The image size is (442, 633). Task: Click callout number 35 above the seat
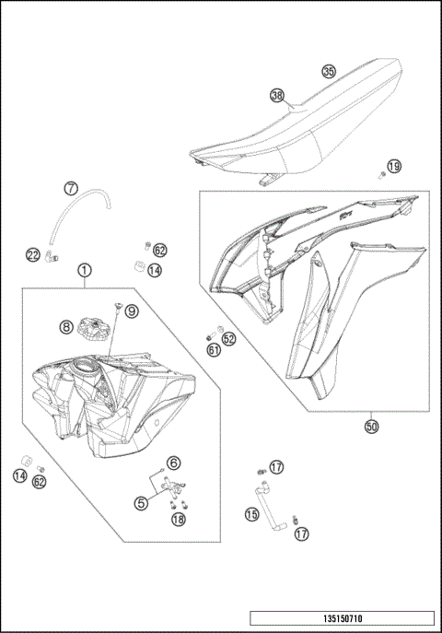(x=329, y=71)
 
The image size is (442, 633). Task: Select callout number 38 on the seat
(x=276, y=95)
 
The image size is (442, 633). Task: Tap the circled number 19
(x=393, y=167)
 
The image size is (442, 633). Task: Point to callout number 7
(x=71, y=189)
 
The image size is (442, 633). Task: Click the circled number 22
(x=32, y=254)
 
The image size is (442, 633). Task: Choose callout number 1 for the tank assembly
(x=84, y=271)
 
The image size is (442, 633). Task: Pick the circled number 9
(x=131, y=311)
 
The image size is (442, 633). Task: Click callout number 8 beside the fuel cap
(x=66, y=326)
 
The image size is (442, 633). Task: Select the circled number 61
(x=214, y=349)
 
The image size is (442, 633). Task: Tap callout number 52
(x=228, y=338)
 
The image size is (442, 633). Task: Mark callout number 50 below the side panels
(x=371, y=427)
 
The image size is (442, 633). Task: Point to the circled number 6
(x=173, y=463)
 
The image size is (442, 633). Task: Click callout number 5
(x=141, y=503)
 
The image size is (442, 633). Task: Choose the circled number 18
(x=178, y=519)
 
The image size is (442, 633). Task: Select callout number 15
(x=251, y=514)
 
